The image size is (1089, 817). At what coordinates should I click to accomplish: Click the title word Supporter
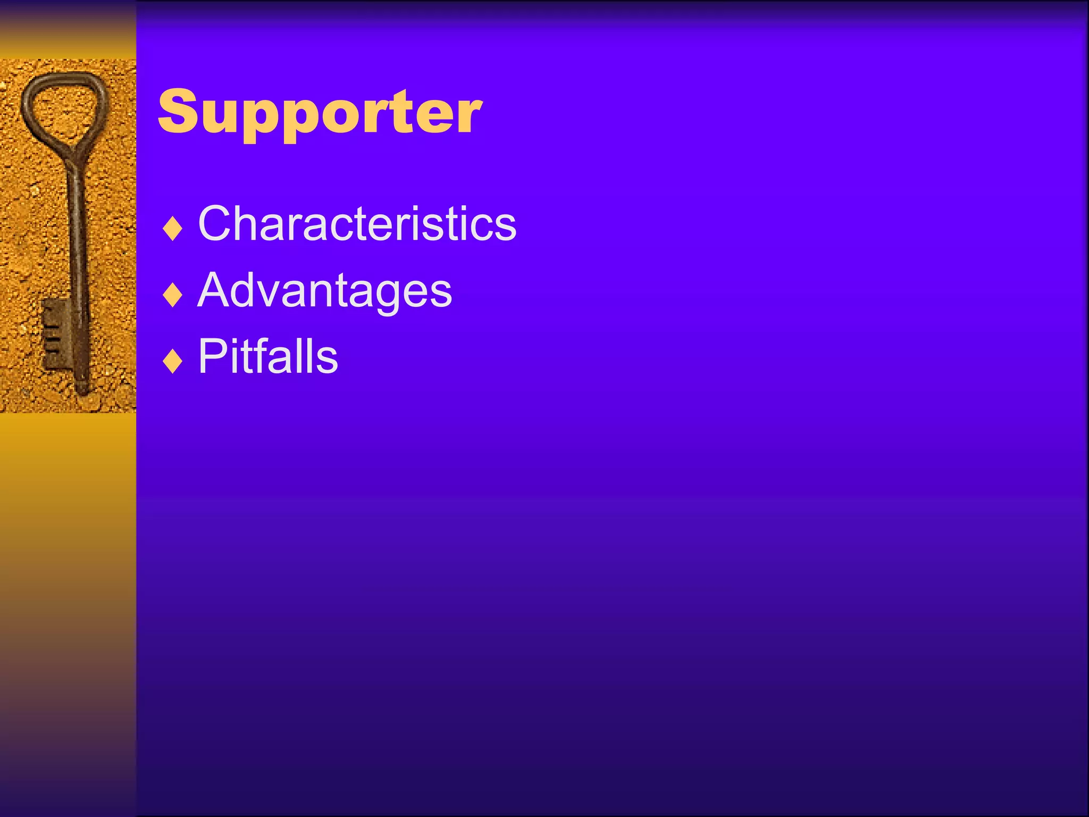(x=320, y=112)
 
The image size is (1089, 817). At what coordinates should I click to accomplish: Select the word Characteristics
(x=357, y=223)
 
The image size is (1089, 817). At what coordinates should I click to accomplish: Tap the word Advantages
(x=324, y=290)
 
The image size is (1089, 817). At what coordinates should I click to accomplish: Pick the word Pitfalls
(x=267, y=356)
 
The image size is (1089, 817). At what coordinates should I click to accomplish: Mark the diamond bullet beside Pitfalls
(x=173, y=361)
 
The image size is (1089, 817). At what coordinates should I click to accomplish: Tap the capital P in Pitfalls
(x=213, y=356)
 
